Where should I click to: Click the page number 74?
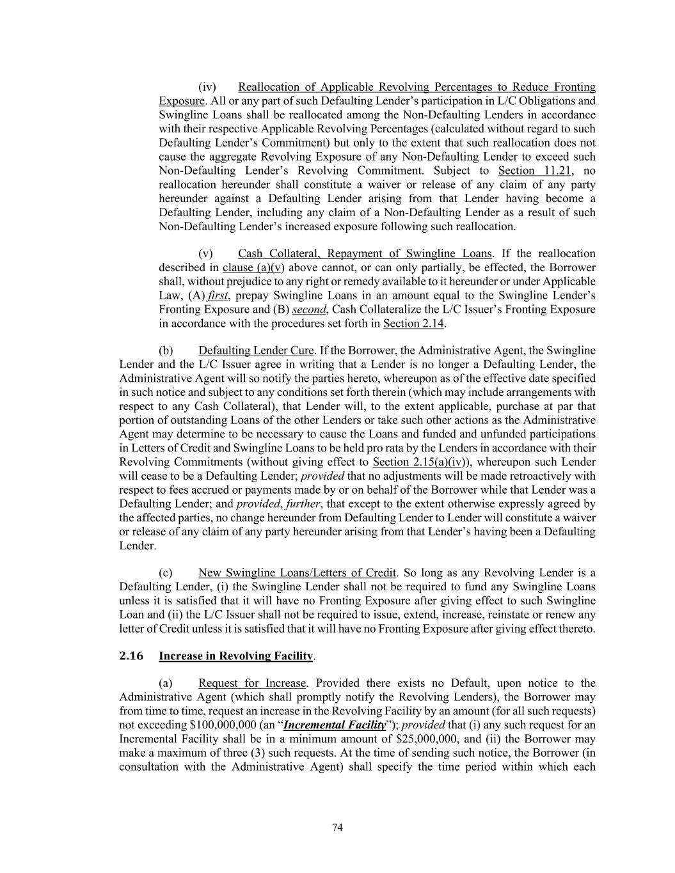pos(338,828)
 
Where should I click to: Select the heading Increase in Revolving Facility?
pos(236,656)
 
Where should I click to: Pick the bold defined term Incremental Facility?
pos(335,725)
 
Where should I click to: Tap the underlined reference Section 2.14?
pos(413,324)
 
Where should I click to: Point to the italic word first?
pos(218,295)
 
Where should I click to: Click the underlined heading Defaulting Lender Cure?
pos(256,350)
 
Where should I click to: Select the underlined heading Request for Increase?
pos(252,683)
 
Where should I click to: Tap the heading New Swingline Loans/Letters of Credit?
pos(298,572)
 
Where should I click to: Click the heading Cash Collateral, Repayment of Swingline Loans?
pos(365,254)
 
